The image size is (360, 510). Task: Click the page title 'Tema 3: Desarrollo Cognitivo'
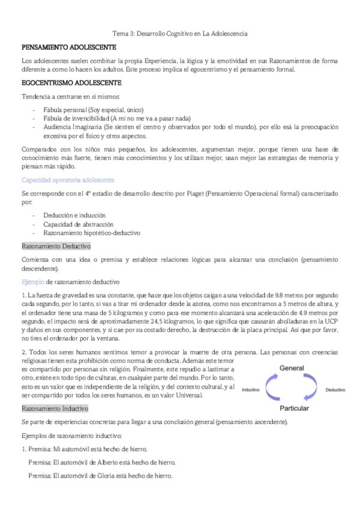[x=181, y=34]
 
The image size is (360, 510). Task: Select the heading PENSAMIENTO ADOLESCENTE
[x=69, y=47]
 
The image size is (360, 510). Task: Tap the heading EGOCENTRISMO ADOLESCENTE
[x=71, y=82]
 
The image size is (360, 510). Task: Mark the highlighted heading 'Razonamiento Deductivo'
[x=56, y=246]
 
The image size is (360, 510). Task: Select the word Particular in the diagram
[x=295, y=408]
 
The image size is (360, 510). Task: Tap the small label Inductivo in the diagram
[x=251, y=373]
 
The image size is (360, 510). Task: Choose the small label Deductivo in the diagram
[x=335, y=373]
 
